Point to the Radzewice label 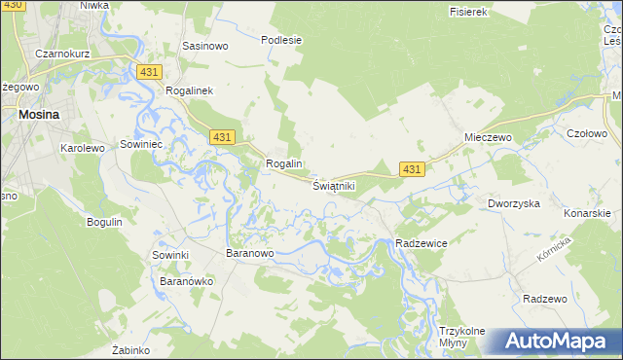tap(421, 243)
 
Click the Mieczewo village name tap(488, 138)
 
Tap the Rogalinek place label tap(196, 89)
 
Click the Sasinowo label tap(205, 46)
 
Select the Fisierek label tap(467, 12)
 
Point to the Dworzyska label tap(513, 203)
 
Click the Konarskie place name tap(587, 213)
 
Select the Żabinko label tap(129, 349)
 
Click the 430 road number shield tap(12, 6)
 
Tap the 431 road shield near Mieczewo tap(412, 170)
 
